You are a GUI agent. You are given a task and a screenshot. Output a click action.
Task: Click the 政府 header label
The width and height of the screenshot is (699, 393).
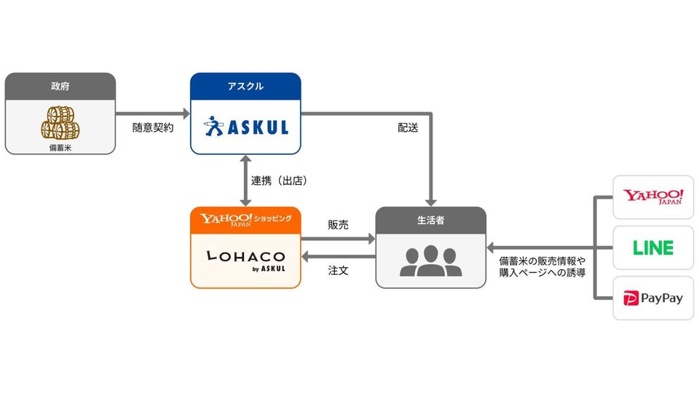tap(60, 87)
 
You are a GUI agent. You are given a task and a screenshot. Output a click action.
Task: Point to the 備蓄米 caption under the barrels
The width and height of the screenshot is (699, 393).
tap(60, 148)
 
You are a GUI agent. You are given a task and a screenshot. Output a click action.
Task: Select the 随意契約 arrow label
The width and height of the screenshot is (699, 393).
tap(153, 128)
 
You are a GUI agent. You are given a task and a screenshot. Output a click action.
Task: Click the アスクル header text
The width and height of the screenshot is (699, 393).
tap(245, 87)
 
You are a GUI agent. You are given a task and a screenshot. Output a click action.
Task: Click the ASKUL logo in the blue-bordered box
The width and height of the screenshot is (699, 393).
tap(246, 127)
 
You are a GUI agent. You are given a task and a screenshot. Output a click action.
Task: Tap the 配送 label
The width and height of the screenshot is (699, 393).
tap(408, 128)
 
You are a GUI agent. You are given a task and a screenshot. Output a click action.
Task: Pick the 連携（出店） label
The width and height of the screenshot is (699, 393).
tap(279, 180)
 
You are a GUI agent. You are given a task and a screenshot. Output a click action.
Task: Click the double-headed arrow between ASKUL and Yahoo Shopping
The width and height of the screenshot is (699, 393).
tap(245, 180)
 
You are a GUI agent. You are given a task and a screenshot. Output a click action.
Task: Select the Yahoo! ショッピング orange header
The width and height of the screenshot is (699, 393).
tap(245, 220)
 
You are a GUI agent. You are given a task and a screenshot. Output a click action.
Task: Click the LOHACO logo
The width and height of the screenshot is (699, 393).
tap(246, 261)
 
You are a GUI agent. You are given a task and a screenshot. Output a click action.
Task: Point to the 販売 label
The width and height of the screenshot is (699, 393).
tap(338, 225)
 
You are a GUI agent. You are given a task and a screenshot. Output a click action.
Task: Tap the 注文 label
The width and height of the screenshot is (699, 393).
tap(338, 271)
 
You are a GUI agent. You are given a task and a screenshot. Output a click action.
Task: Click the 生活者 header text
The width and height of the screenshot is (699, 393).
tap(430, 220)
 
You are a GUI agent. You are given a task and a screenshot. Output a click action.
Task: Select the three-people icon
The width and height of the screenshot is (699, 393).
tap(430, 261)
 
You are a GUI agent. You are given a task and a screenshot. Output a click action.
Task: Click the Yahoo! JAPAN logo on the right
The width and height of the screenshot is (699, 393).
tap(653, 196)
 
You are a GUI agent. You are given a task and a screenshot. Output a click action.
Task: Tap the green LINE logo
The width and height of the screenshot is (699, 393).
tap(653, 247)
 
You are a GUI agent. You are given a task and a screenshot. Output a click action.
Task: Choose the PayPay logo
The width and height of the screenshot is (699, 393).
tap(653, 298)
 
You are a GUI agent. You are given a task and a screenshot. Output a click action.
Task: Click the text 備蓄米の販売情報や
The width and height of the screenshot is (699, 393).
tap(542, 261)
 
